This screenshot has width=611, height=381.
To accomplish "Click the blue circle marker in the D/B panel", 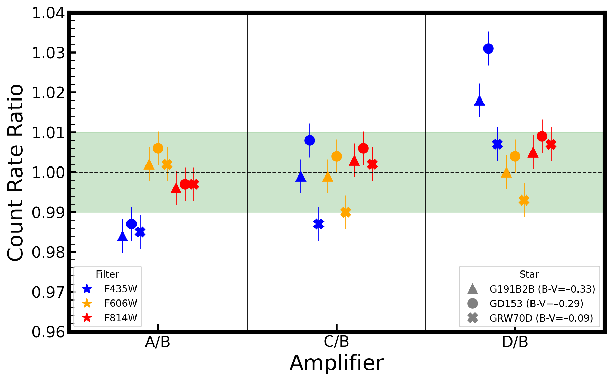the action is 488,49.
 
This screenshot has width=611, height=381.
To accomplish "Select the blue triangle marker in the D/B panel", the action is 479,101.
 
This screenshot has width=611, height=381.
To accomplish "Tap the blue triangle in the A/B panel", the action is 122,236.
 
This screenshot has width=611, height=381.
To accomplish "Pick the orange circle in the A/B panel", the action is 158,149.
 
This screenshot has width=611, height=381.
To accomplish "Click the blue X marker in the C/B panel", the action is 319,224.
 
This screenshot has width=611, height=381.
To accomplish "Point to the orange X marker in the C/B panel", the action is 346,212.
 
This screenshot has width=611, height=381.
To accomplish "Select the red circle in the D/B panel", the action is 542,136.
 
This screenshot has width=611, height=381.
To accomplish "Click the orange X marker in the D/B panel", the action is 524,200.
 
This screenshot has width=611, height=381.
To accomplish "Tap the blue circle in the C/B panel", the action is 310,141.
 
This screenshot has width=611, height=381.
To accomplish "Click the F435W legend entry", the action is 110,289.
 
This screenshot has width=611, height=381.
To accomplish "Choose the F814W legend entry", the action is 110,318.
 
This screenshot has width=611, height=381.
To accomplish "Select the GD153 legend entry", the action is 525,304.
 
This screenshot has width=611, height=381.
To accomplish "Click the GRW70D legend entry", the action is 530,318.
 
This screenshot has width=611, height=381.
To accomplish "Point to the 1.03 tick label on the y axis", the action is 48,53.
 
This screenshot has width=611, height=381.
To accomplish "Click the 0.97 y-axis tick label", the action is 48,292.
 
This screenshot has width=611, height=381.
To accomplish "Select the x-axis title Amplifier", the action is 337,363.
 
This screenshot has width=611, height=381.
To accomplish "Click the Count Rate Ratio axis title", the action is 16,172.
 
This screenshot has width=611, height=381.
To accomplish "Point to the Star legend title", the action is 529,274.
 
